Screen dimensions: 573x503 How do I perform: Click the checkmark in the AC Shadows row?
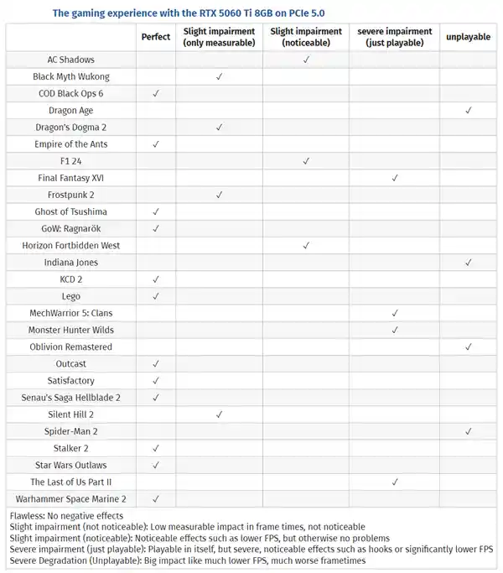[306, 60]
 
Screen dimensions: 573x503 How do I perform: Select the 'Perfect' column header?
[156, 37]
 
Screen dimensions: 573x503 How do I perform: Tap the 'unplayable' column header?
[468, 37]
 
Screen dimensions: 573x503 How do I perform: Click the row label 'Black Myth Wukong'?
[71, 76]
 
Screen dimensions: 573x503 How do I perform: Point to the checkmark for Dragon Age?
[468, 110]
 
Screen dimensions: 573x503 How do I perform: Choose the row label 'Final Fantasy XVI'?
[71, 178]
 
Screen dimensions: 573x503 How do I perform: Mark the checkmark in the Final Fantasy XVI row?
[394, 178]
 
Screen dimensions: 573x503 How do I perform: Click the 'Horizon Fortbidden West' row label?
[71, 246]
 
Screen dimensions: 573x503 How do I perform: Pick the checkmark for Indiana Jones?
[468, 263]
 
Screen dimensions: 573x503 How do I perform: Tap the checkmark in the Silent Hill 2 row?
[219, 414]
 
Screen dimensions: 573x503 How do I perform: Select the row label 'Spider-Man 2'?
[71, 431]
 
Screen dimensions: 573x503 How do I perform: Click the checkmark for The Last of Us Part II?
[394, 482]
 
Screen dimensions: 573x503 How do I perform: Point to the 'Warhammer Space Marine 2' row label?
[71, 499]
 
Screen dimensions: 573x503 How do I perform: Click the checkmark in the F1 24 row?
[306, 161]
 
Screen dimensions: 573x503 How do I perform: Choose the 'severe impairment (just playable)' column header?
[394, 37]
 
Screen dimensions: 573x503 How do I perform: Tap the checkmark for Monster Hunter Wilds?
[394, 330]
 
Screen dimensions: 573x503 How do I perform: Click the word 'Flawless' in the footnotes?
[29, 515]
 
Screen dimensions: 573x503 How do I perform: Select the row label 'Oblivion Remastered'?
[71, 346]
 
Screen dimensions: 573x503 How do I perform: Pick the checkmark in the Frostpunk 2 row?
[219, 195]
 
